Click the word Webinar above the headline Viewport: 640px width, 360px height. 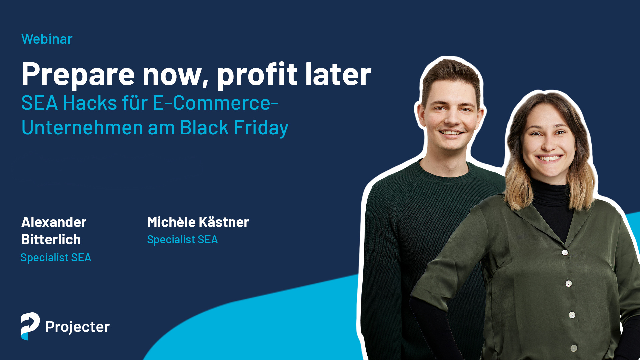(47, 39)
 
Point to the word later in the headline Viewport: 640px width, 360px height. (338, 74)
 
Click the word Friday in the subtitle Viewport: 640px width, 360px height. (261, 128)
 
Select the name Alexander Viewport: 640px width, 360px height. (54, 222)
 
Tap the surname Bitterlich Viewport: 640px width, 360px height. (51, 239)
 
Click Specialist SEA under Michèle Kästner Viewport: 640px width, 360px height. (182, 239)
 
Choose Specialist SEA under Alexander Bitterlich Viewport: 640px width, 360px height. (56, 257)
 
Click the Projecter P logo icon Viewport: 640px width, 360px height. (30, 326)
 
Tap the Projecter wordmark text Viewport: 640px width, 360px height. (78, 327)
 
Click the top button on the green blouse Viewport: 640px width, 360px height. (565, 252)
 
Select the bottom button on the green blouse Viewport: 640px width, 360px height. (574, 348)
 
